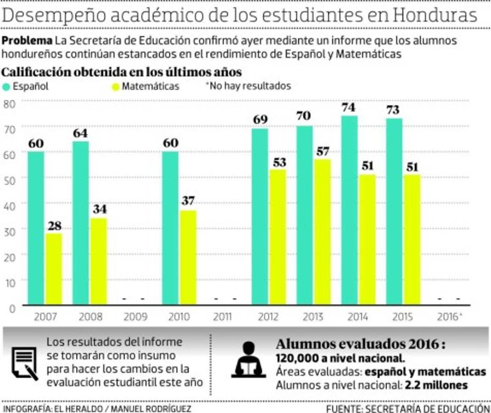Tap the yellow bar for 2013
pyautogui.click(x=322, y=232)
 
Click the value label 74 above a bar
pyautogui.click(x=349, y=108)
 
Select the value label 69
pyautogui.click(x=260, y=120)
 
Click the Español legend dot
pyautogui.click(x=6, y=86)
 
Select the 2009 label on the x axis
pyautogui.click(x=135, y=317)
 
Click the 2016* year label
pyautogui.click(x=450, y=317)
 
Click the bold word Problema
pyautogui.click(x=27, y=40)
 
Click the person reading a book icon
pyautogui.click(x=248, y=361)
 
